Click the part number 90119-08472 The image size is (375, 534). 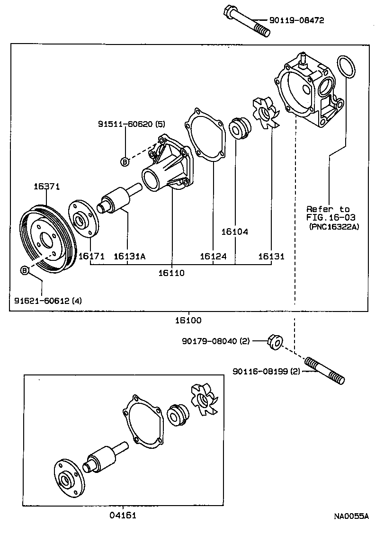pyautogui.click(x=297, y=20)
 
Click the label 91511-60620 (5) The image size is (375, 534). pyautogui.click(x=132, y=124)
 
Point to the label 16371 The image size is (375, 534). pyautogui.click(x=46, y=187)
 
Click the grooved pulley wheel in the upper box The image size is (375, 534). pyautogui.click(x=47, y=239)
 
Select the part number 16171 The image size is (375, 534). pyautogui.click(x=91, y=256)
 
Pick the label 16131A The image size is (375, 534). pyautogui.click(x=129, y=256)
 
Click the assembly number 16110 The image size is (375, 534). pyautogui.click(x=172, y=273)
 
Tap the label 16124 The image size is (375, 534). pyautogui.click(x=213, y=256)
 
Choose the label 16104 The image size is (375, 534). pyautogui.click(x=235, y=232)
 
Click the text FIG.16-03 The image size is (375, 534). pyautogui.click(x=330, y=217)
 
